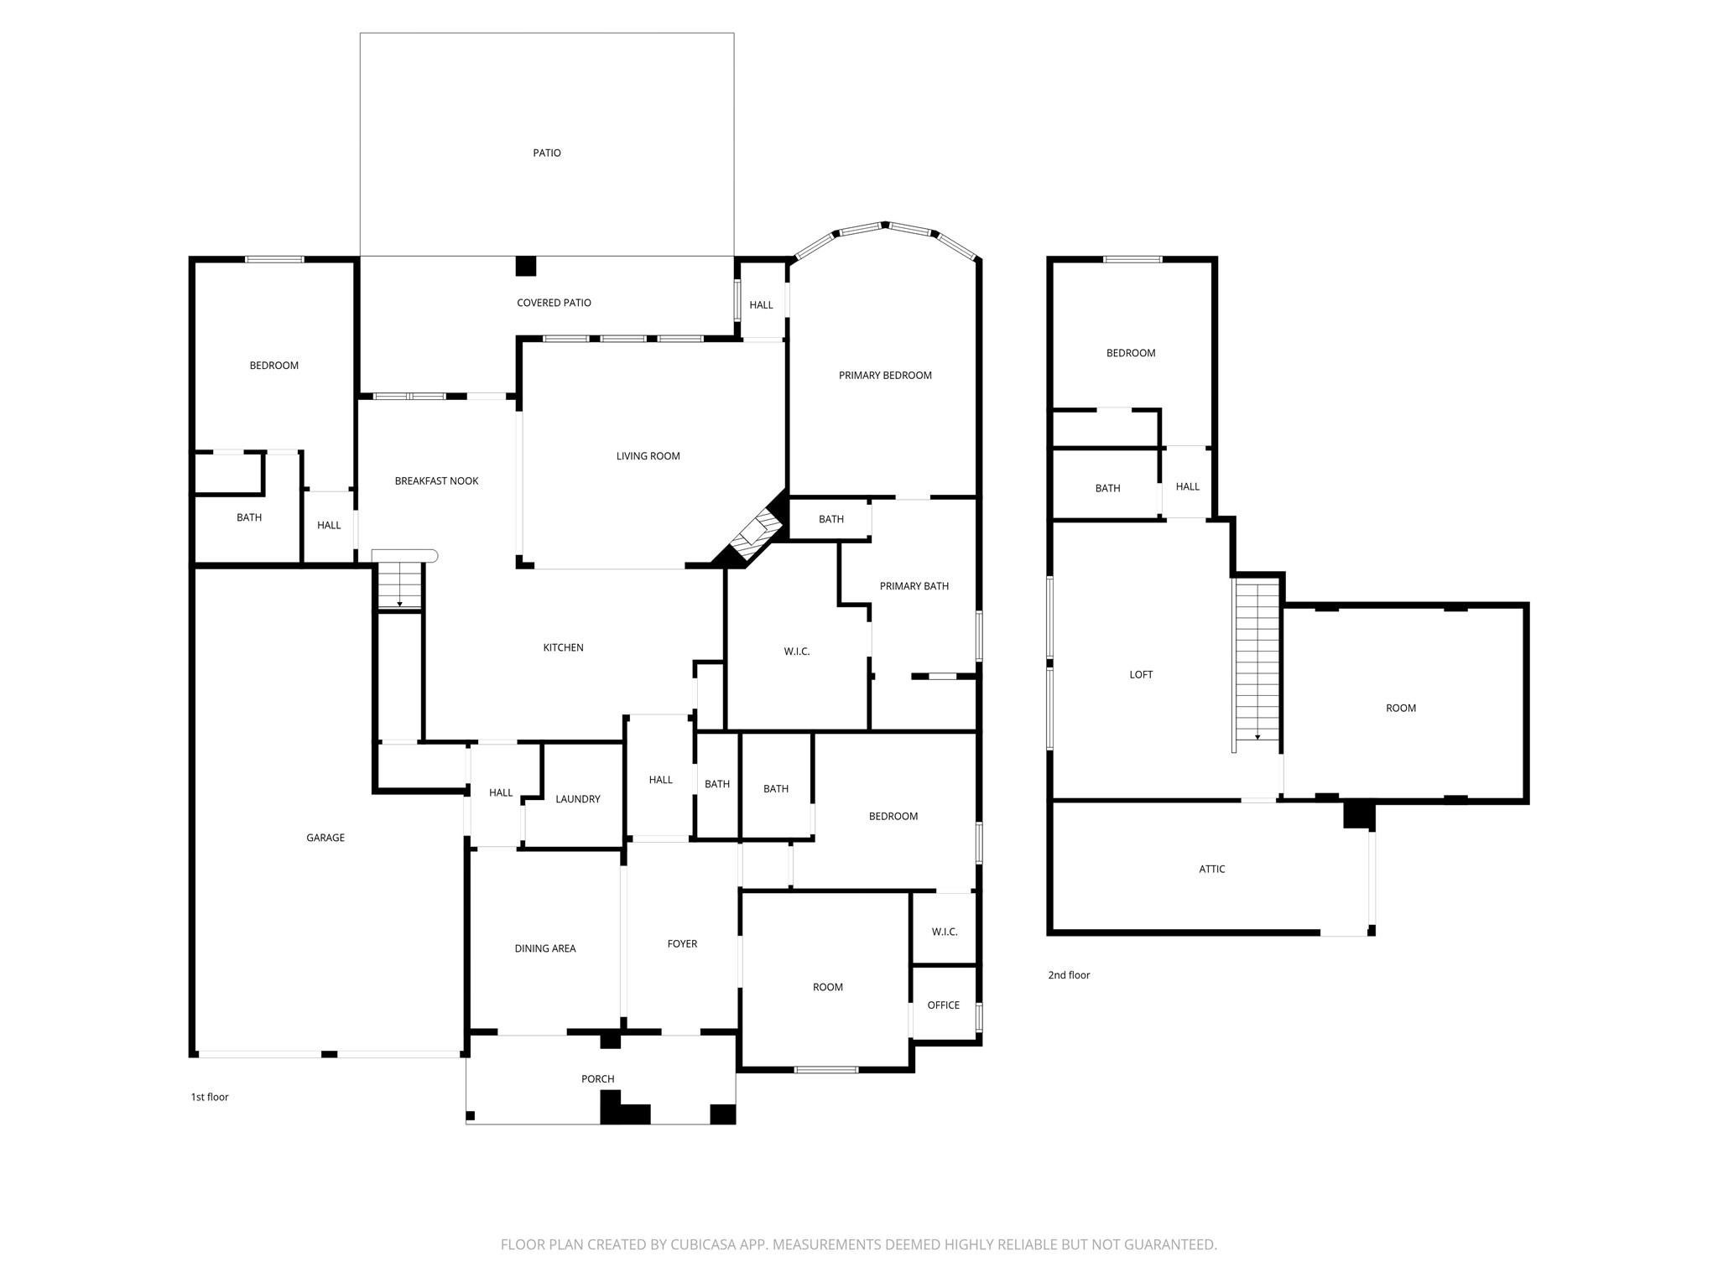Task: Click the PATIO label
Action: pos(547,153)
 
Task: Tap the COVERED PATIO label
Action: pos(554,303)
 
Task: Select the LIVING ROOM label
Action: pos(648,456)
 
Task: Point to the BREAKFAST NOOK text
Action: pos(436,480)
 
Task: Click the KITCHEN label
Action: pos(563,647)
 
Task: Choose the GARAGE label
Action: pos(325,838)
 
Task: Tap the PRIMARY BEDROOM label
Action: pos(885,375)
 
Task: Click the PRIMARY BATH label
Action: pos(914,586)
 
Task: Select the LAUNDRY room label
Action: pos(578,799)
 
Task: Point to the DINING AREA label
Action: pos(545,948)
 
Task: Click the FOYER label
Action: pos(682,943)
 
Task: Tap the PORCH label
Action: pos(597,1079)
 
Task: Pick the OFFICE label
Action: pos(943,1005)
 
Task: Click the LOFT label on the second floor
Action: pos(1141,674)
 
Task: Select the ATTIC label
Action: pos(1211,869)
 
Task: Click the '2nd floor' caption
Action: pos(1069,974)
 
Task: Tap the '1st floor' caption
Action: pos(210,1097)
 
